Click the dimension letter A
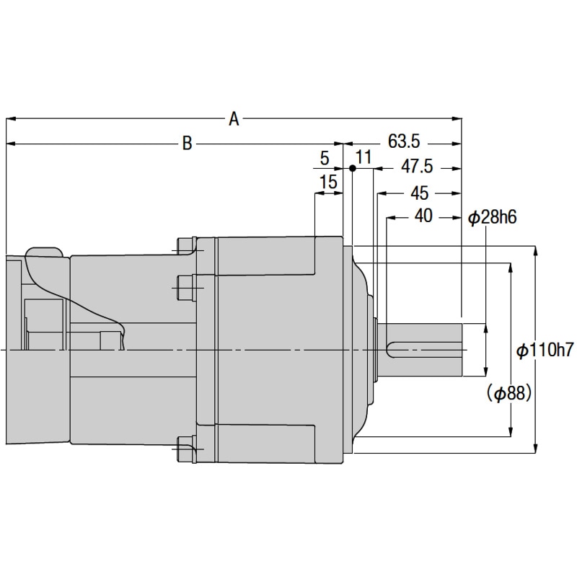tap(233, 119)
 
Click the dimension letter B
tap(187, 144)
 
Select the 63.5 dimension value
tap(404, 141)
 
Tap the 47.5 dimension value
tap(417, 167)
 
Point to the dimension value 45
tap(419, 193)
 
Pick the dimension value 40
tap(423, 216)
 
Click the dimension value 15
tap(328, 182)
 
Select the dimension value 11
tap(364, 157)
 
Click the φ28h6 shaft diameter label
tap(494, 217)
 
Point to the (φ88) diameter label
tap(508, 393)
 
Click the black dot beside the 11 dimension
tap(352, 168)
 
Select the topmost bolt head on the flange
tap(186, 246)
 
